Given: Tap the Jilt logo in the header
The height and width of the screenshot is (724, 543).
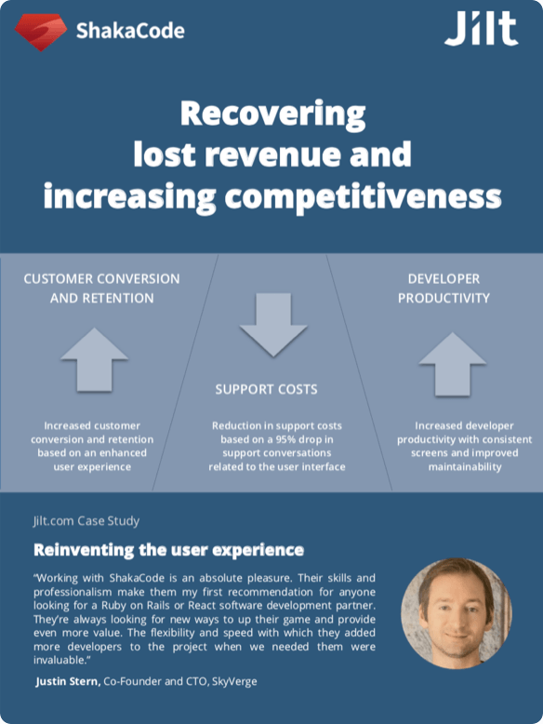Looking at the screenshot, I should (x=480, y=29).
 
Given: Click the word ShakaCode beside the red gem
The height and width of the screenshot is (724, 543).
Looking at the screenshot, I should (x=129, y=31).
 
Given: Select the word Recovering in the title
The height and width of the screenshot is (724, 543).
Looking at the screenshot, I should (x=272, y=115).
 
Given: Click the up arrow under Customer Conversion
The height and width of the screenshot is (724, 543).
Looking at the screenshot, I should (x=94, y=358).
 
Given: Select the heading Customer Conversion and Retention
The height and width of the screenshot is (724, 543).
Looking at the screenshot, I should (x=101, y=288).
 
